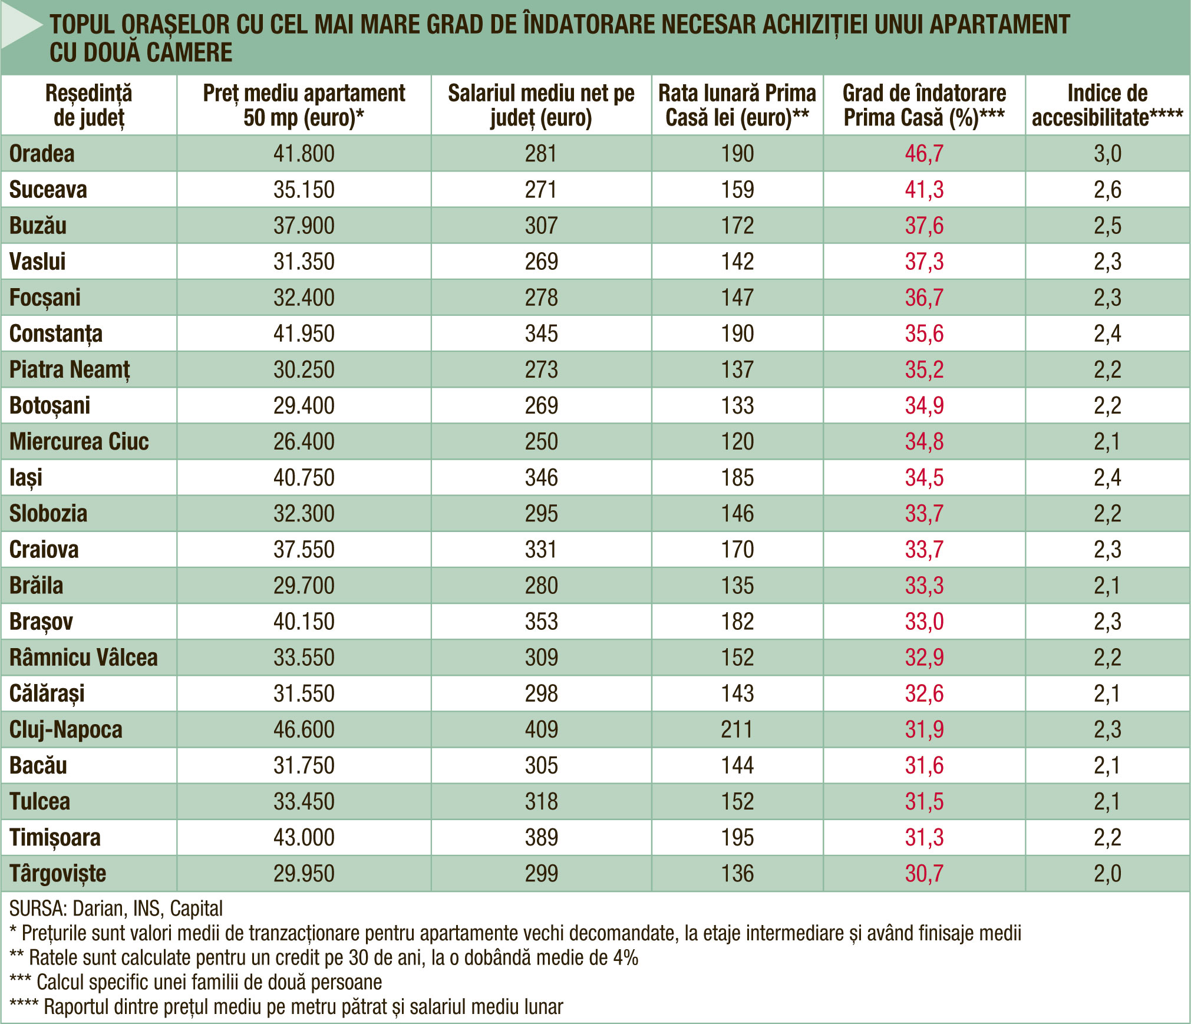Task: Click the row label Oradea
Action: (x=42, y=154)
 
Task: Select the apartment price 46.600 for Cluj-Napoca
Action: (x=303, y=729)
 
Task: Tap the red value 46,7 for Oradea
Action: (x=924, y=154)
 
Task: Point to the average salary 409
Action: (x=541, y=729)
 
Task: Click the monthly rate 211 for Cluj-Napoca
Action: (x=737, y=729)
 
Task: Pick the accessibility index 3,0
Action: (x=1107, y=154)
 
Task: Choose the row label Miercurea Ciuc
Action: (x=79, y=441)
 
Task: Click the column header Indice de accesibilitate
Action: (x=1107, y=105)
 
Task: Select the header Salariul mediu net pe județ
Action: (x=541, y=105)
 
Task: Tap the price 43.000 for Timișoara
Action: (x=303, y=837)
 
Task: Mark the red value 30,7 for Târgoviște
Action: (x=924, y=873)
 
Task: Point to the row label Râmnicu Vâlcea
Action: (x=84, y=657)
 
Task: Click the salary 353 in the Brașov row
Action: (x=541, y=622)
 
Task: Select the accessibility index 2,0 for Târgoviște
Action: (x=1107, y=873)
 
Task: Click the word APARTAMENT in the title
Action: (x=999, y=25)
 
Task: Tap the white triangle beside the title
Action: (x=21, y=26)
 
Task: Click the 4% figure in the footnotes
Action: (x=626, y=958)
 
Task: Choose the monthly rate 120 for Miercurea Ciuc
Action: (x=737, y=441)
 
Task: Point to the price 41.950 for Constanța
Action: (x=303, y=333)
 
